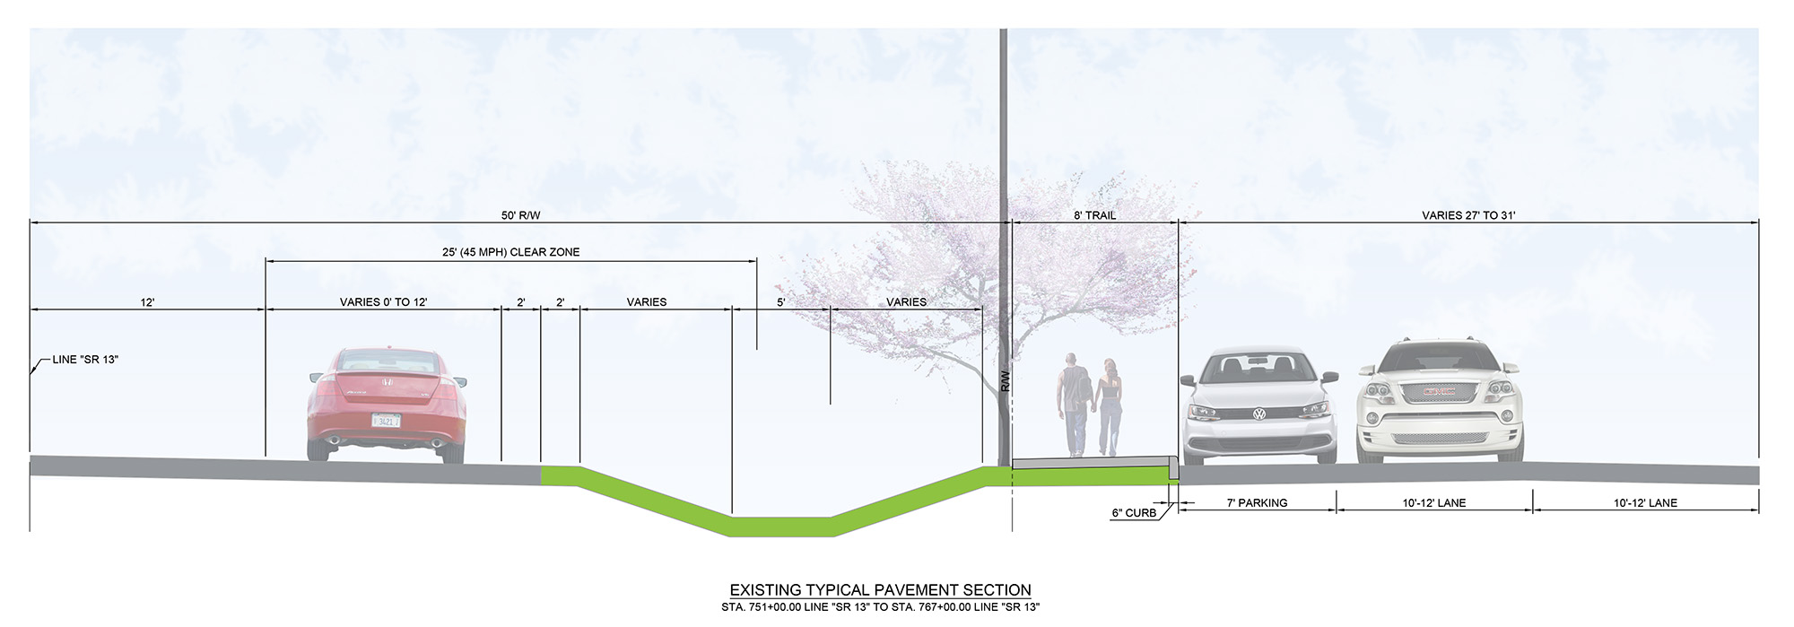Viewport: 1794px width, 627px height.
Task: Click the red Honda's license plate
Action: coord(386,420)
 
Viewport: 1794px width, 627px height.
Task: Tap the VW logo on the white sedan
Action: coord(1258,414)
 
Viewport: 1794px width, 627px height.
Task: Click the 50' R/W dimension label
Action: coord(520,215)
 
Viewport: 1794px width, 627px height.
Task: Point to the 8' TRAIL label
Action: coord(1094,215)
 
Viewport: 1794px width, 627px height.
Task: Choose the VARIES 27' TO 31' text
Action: coord(1468,215)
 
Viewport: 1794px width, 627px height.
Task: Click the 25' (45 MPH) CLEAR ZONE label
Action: coord(510,252)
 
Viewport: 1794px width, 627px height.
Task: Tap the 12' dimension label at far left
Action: coord(147,302)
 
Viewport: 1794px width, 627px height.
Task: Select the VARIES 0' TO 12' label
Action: coord(383,302)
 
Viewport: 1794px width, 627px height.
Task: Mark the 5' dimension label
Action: coord(780,302)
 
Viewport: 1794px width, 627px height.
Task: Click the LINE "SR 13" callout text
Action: coord(85,360)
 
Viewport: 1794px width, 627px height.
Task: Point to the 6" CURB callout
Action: coord(1134,513)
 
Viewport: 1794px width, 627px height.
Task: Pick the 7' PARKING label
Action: coord(1257,503)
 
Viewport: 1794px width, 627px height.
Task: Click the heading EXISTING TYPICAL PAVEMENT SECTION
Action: coord(880,590)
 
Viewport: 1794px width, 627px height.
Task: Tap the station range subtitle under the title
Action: coord(880,607)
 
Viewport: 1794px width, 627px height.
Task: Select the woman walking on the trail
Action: coord(1110,405)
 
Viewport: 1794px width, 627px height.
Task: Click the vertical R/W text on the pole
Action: coord(1005,381)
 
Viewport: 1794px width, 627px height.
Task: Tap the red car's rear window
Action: coord(387,362)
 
